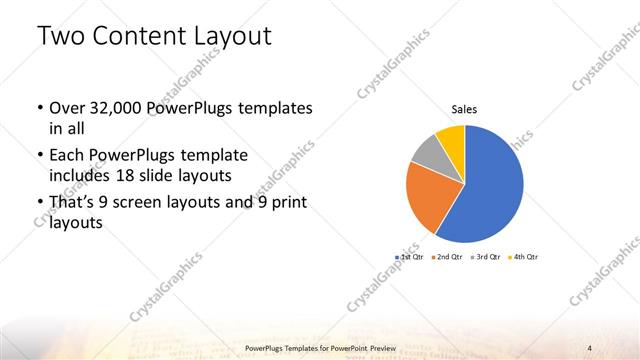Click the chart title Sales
464,108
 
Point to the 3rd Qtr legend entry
485,258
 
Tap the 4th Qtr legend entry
524,258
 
